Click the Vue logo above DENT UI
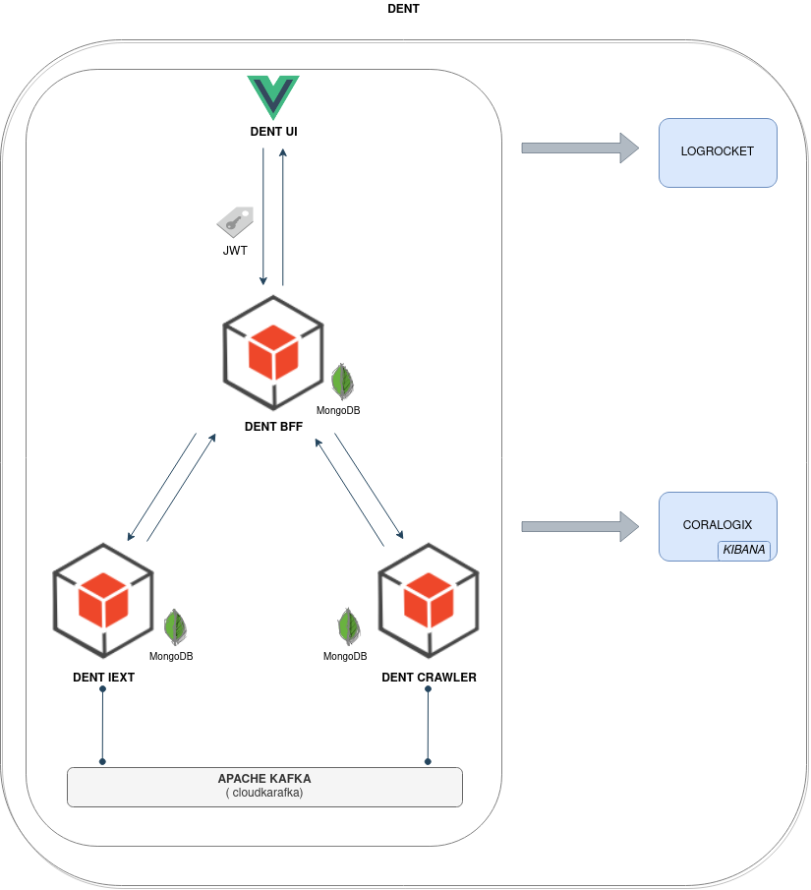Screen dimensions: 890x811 tap(273, 96)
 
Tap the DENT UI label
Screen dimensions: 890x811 tap(273, 132)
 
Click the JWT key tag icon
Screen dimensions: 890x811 tap(235, 222)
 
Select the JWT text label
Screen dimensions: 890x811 tap(235, 251)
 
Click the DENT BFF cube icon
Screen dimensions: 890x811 tap(273, 352)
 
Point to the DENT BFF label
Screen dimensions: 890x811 tap(273, 427)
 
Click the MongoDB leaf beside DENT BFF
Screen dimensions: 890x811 tap(341, 381)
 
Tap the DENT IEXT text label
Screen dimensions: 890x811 tap(103, 678)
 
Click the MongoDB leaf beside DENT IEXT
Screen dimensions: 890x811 tap(175, 626)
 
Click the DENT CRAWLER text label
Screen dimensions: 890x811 tap(429, 678)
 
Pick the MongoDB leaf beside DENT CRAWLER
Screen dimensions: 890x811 tap(348, 625)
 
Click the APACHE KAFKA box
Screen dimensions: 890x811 tap(264, 786)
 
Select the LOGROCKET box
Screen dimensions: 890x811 tap(718, 152)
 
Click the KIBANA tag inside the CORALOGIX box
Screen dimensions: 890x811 tap(744, 550)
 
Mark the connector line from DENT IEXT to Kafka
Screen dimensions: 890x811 tap(102, 726)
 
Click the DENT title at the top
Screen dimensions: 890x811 tap(404, 9)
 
